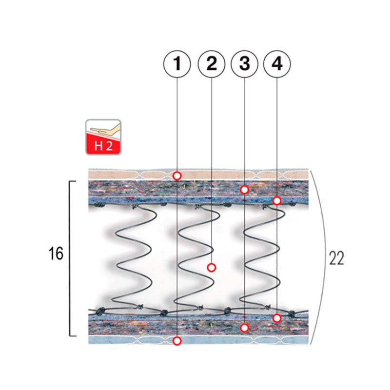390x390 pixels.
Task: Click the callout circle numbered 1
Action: [x=177, y=64]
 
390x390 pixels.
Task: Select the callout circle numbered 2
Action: [x=211, y=64]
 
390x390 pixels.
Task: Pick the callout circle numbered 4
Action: [x=277, y=64]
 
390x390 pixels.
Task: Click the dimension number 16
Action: [x=56, y=254]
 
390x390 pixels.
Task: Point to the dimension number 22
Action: [x=336, y=258]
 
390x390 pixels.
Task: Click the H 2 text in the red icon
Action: [x=103, y=145]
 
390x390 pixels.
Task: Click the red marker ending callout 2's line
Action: [x=211, y=267]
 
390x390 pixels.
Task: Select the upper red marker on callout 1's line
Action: [x=177, y=175]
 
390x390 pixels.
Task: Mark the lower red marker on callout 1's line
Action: [x=177, y=341]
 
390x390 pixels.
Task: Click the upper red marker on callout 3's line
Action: [x=245, y=189]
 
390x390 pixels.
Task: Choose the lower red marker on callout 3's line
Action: [x=245, y=328]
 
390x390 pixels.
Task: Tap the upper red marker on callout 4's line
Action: [x=277, y=200]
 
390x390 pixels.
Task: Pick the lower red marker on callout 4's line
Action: [x=277, y=318]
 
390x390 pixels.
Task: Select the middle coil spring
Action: [x=195, y=256]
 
